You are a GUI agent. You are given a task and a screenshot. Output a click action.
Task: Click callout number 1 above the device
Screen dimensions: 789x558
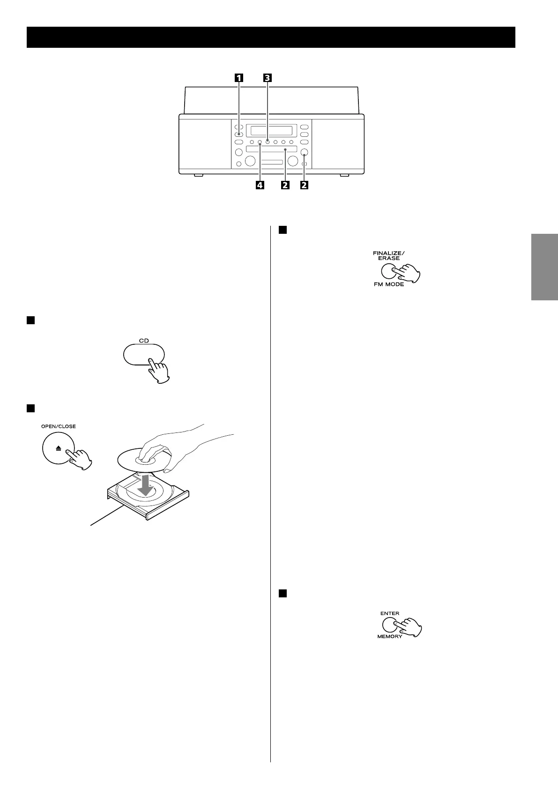[239, 79]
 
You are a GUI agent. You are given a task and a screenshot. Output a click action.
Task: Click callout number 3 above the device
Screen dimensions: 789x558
[267, 79]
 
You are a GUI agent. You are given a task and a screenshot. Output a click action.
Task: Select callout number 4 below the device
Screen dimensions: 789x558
[259, 185]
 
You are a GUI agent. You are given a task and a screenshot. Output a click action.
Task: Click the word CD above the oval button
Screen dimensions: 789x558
[144, 341]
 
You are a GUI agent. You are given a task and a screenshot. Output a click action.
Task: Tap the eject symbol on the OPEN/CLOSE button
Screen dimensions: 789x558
[59, 448]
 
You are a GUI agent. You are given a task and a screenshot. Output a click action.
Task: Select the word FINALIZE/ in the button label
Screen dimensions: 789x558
[388, 253]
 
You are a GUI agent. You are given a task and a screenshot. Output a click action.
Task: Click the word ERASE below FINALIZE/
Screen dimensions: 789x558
[389, 258]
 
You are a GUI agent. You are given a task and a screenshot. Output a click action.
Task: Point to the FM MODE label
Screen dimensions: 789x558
[389, 284]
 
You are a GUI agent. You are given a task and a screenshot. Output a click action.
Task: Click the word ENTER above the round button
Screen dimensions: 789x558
[390, 613]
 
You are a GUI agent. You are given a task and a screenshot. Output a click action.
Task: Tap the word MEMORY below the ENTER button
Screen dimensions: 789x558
[390, 637]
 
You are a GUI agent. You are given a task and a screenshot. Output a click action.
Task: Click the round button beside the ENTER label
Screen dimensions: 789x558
[390, 625]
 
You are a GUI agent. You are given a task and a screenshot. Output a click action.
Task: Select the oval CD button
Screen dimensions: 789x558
[143, 355]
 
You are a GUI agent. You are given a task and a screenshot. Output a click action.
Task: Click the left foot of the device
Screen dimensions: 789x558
[198, 175]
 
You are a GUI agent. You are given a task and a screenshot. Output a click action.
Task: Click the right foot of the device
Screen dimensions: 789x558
[345, 175]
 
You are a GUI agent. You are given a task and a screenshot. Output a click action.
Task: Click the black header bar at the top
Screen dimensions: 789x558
[271, 37]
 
